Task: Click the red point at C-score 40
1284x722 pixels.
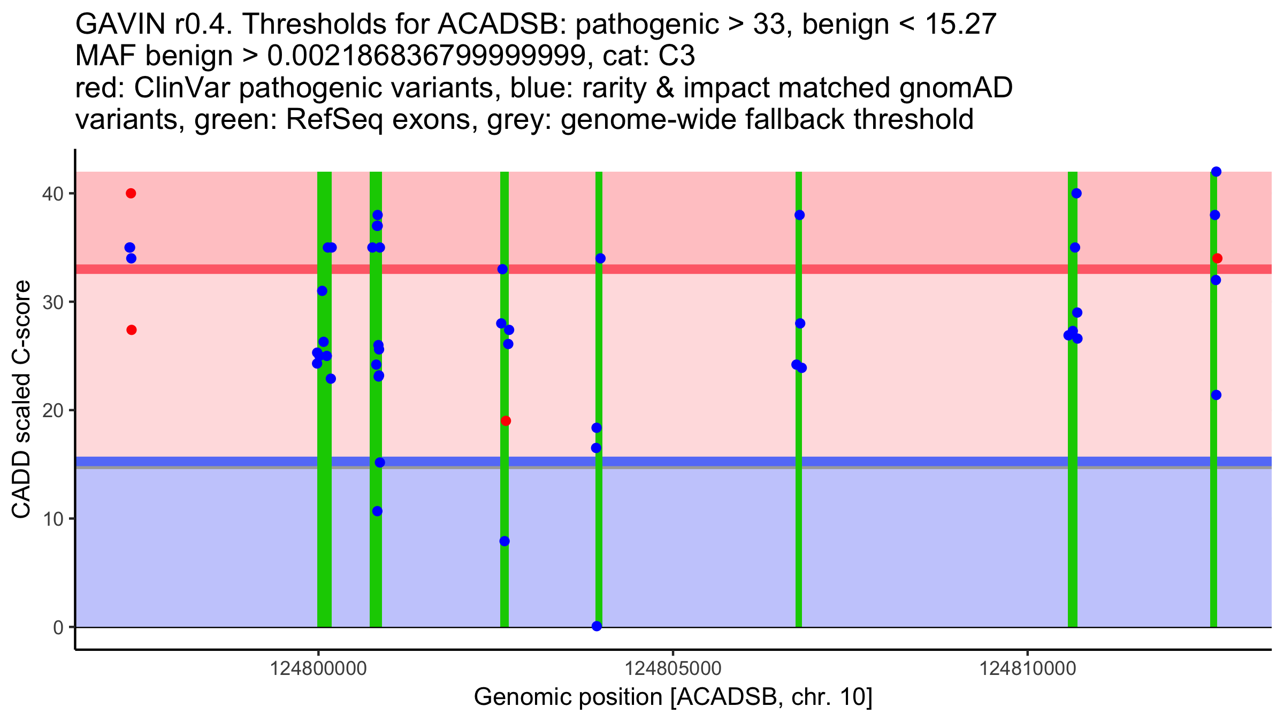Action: tap(131, 193)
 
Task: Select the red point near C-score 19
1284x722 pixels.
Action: tap(506, 421)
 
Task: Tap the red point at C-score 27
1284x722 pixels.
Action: tap(132, 330)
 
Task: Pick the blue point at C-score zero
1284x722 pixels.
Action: tap(597, 626)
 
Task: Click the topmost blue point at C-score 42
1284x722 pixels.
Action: tap(1216, 172)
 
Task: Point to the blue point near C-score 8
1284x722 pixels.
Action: tap(505, 541)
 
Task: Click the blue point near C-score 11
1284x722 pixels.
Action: tap(377, 511)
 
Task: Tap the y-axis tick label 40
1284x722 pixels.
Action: tap(53, 194)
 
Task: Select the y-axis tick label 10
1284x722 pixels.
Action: tap(53, 519)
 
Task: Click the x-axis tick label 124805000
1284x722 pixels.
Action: tap(673, 669)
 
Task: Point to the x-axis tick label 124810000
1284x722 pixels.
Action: tap(1027, 669)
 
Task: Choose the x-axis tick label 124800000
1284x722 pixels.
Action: tap(319, 669)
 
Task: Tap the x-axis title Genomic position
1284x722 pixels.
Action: tap(673, 697)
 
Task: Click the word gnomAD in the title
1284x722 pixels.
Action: tap(956, 88)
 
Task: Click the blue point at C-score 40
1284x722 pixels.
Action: tap(1076, 193)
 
